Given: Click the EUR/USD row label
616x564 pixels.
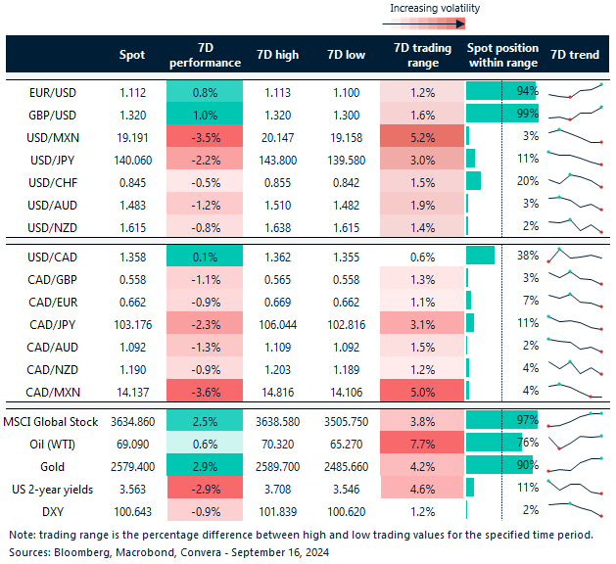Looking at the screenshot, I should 53,92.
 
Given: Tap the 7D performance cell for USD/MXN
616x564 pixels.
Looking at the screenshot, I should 206,136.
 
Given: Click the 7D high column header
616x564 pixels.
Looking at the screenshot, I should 277,55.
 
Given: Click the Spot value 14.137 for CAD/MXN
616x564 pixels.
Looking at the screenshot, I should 132,393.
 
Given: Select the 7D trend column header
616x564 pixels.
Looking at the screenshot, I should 575,55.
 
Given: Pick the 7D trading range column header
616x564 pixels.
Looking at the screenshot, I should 421,55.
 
